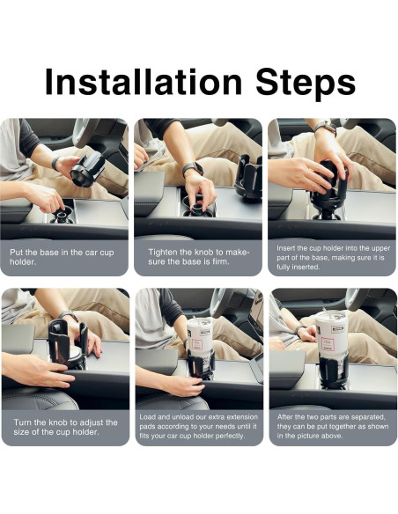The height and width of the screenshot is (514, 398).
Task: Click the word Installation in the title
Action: coord(144,81)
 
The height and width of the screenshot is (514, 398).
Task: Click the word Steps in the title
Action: coord(306,84)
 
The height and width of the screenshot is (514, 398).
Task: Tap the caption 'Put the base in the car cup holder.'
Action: coord(62,257)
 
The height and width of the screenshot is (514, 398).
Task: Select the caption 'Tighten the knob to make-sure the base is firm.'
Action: coord(199,257)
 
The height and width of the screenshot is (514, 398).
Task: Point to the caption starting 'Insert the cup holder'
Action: coord(333,257)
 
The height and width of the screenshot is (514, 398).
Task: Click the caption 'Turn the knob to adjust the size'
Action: coord(65,427)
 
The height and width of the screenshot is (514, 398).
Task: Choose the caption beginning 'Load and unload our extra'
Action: coord(198,426)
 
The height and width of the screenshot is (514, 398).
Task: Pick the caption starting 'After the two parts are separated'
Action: coord(333,426)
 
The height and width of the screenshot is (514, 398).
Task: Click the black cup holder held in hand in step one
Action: coord(87,169)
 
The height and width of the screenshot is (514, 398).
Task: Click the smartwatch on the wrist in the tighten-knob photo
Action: coord(193,168)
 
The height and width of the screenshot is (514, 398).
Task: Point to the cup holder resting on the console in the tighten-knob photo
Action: coord(249,177)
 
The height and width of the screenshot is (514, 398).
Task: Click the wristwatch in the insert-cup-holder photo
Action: coord(326,127)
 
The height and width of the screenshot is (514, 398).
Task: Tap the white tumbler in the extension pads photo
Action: coord(200,339)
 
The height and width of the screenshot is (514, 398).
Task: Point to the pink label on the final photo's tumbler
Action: coord(328,344)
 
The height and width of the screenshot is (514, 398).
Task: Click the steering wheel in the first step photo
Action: coord(85,132)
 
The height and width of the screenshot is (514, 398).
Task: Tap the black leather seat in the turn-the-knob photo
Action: coord(40,399)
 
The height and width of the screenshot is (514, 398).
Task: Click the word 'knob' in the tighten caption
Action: coord(207,252)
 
